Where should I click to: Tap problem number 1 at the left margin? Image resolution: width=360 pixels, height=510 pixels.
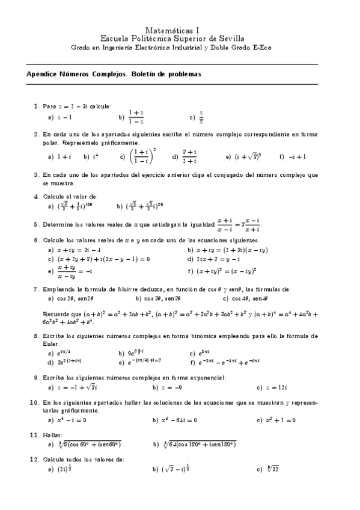[36, 106]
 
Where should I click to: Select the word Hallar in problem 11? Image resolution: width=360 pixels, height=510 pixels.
[53, 434]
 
